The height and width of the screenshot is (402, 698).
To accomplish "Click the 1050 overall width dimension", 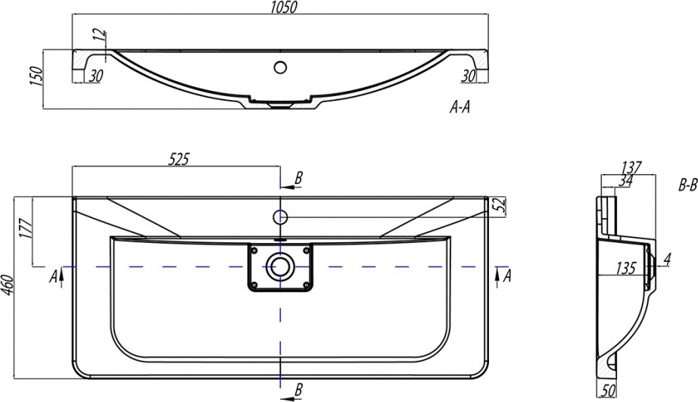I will (x=280, y=7).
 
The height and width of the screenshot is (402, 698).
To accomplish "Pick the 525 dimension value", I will (x=177, y=159).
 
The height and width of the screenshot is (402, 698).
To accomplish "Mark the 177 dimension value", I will (x=26, y=229).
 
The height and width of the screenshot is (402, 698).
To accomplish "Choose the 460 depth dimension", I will (x=8, y=288).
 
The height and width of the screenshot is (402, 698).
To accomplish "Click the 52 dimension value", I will (x=497, y=204).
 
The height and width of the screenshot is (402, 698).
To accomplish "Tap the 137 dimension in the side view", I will (x=631, y=167).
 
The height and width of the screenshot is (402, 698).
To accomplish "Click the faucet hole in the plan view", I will (x=280, y=217).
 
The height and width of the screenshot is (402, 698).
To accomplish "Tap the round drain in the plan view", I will (x=280, y=266).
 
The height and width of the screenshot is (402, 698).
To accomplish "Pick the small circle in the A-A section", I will (x=280, y=67).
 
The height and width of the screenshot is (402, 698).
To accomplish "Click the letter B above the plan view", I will (x=299, y=178).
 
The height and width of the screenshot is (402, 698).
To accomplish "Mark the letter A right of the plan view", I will (x=507, y=274).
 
